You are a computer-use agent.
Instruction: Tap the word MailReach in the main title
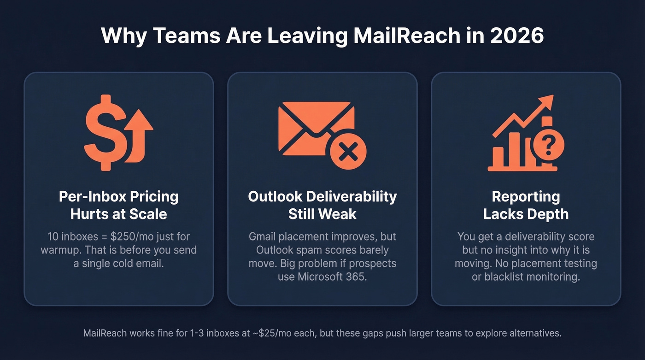pyautogui.click(x=403, y=36)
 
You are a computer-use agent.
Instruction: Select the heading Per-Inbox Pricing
pyautogui.click(x=118, y=197)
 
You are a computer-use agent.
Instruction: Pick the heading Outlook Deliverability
pyautogui.click(x=322, y=197)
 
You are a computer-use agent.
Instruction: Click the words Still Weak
pyautogui.click(x=322, y=214)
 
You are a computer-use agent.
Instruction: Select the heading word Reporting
pyautogui.click(x=526, y=197)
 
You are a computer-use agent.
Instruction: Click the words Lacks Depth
pyautogui.click(x=526, y=214)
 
